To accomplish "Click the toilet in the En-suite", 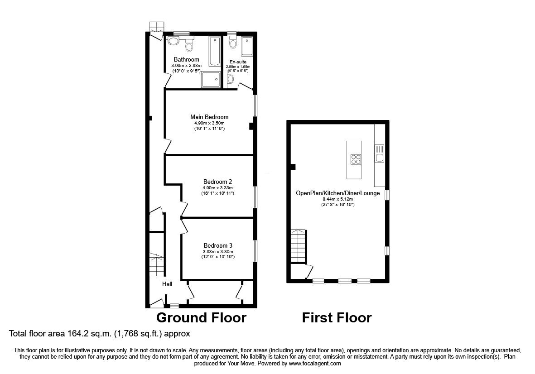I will [233, 43].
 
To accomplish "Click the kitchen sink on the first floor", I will [379, 157].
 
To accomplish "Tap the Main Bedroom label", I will [209, 117].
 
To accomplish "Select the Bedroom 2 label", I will [215, 182].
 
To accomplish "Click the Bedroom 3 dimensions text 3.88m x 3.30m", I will [218, 252].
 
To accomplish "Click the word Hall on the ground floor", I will [168, 284].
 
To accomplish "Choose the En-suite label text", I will [238, 62].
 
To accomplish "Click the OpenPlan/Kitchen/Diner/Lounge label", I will [337, 193].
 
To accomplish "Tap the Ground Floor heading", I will [201, 318].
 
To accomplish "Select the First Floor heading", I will [337, 318].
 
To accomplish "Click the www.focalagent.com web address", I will [315, 363].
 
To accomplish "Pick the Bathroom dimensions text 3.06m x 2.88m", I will [186, 66].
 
